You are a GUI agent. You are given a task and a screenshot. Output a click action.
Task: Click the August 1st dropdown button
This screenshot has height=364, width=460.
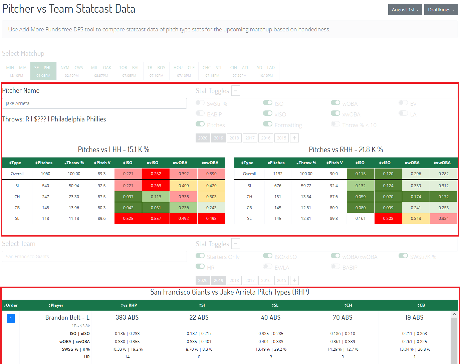405,10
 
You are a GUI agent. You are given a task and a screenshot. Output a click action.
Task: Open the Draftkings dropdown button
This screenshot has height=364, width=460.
441,10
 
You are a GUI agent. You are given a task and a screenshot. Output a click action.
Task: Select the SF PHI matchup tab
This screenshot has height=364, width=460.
43,71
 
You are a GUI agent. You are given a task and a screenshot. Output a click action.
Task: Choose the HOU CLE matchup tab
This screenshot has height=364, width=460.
184,71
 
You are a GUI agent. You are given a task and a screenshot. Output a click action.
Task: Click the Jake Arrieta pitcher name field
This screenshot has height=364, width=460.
94,103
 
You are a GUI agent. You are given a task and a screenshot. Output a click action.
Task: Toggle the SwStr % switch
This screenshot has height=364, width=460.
200,103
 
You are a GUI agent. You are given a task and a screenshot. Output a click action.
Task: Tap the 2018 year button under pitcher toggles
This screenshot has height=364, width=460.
234,138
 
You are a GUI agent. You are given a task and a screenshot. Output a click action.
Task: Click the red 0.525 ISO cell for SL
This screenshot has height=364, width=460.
128,219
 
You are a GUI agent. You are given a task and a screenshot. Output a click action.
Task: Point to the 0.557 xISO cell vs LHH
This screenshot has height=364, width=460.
156,219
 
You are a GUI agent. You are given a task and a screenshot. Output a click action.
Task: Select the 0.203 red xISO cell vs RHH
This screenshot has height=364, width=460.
388,219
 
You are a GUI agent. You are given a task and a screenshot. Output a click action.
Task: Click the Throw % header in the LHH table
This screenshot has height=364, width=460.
74,163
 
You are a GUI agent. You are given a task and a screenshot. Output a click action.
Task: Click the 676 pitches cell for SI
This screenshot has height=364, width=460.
278,186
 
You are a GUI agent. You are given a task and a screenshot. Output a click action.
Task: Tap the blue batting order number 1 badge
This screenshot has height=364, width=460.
11,319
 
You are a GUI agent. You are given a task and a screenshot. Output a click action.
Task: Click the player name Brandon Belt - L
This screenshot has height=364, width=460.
67,318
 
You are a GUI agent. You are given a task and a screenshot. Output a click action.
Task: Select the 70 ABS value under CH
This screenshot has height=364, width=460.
342,318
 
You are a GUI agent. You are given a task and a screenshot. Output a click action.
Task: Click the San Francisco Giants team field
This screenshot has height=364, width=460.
94,257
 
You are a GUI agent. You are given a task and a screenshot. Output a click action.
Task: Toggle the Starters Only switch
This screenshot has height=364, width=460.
200,256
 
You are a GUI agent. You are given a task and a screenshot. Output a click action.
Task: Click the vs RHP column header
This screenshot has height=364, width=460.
129,305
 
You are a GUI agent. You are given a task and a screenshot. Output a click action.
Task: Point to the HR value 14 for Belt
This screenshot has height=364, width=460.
127,357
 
